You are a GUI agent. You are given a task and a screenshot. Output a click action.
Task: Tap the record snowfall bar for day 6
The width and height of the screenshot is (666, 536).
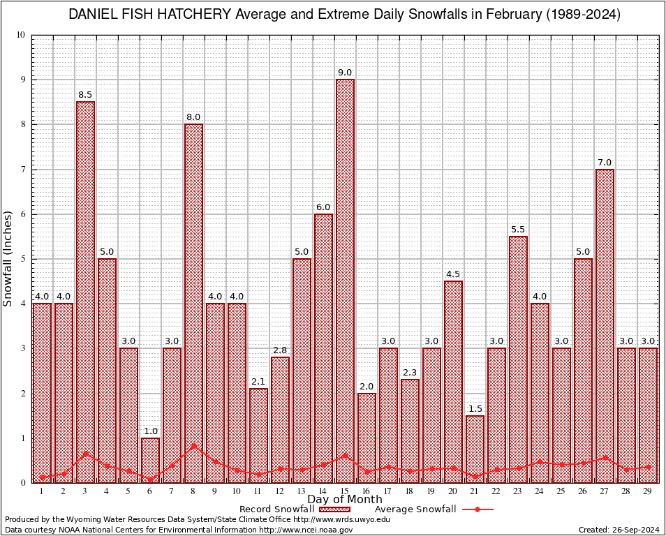(150, 460)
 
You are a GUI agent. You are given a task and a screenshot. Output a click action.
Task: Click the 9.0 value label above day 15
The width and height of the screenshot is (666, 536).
(345, 73)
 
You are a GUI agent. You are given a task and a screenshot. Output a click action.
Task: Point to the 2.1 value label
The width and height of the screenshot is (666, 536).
(258, 382)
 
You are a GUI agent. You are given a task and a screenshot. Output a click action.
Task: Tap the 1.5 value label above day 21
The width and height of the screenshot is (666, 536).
(475, 409)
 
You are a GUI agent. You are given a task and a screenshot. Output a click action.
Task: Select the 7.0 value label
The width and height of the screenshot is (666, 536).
(605, 163)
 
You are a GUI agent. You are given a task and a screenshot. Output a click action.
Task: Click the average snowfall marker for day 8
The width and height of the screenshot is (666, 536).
(193, 445)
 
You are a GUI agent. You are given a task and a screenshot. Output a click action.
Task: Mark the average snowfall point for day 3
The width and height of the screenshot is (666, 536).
(85, 454)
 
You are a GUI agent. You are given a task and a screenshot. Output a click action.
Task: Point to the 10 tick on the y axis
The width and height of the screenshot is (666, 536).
(20, 35)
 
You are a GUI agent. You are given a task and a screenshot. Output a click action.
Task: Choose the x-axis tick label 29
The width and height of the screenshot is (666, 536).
(648, 491)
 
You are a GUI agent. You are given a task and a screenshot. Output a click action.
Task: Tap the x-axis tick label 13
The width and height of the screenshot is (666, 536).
(302, 491)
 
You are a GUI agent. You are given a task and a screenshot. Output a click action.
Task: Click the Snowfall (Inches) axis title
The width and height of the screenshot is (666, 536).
(8, 258)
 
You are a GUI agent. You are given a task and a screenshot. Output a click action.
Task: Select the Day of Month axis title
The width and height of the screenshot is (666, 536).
(344, 500)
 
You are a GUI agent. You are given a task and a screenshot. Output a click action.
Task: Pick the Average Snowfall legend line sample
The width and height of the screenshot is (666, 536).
(477, 509)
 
